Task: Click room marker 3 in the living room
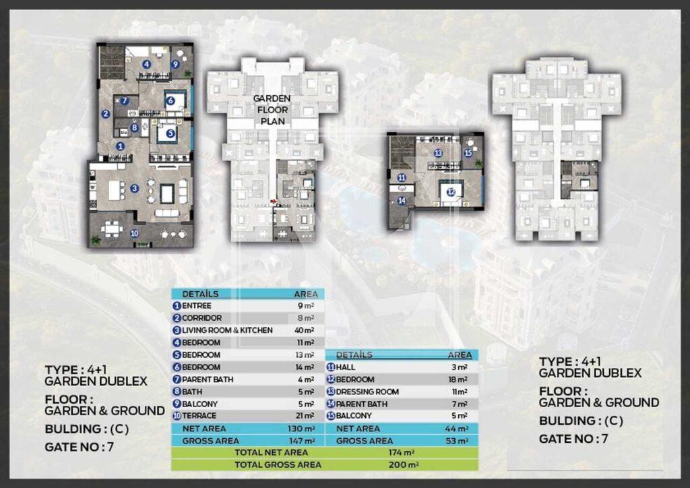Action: [x=135, y=188]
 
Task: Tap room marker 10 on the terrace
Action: [x=135, y=233]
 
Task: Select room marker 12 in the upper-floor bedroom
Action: [x=451, y=192]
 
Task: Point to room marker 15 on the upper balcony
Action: [x=468, y=153]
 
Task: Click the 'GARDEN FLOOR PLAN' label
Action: [x=272, y=110]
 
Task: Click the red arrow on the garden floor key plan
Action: [x=275, y=201]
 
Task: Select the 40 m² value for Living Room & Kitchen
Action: [x=304, y=330]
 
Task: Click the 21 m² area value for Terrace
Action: [x=305, y=416]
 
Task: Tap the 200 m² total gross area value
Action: [x=404, y=464]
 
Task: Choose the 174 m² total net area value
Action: [x=401, y=452]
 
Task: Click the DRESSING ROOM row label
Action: [x=367, y=392]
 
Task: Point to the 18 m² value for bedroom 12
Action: [x=458, y=379]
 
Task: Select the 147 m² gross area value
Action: [x=302, y=440]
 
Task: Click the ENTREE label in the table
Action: [x=196, y=305]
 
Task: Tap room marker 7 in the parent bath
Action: [x=125, y=100]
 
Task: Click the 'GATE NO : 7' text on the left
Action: [x=80, y=447]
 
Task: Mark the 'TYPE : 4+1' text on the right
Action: [x=570, y=362]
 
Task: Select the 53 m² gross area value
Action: [x=457, y=440]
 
